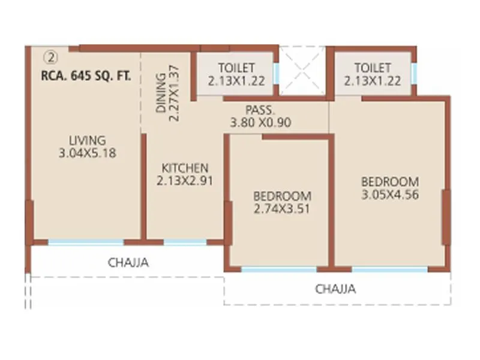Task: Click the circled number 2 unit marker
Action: coord(52,58)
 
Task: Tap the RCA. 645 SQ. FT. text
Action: coord(86,76)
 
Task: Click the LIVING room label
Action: coord(87,141)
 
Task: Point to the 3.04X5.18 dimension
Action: coord(87,154)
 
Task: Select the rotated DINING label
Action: coord(161,94)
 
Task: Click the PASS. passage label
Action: coord(260,110)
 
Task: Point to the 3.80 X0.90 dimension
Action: coord(260,122)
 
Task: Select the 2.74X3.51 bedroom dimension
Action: coord(282,208)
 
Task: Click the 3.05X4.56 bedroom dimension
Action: coord(389,194)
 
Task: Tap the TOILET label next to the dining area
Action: coord(236,68)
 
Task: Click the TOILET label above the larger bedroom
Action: coord(372,68)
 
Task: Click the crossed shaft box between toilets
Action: coord(303,71)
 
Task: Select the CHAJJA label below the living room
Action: coord(128,262)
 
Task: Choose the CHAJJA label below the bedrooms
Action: coord(335,289)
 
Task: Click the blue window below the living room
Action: coord(86,242)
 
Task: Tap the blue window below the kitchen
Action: coord(185,242)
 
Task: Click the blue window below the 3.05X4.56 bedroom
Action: coord(389,269)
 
